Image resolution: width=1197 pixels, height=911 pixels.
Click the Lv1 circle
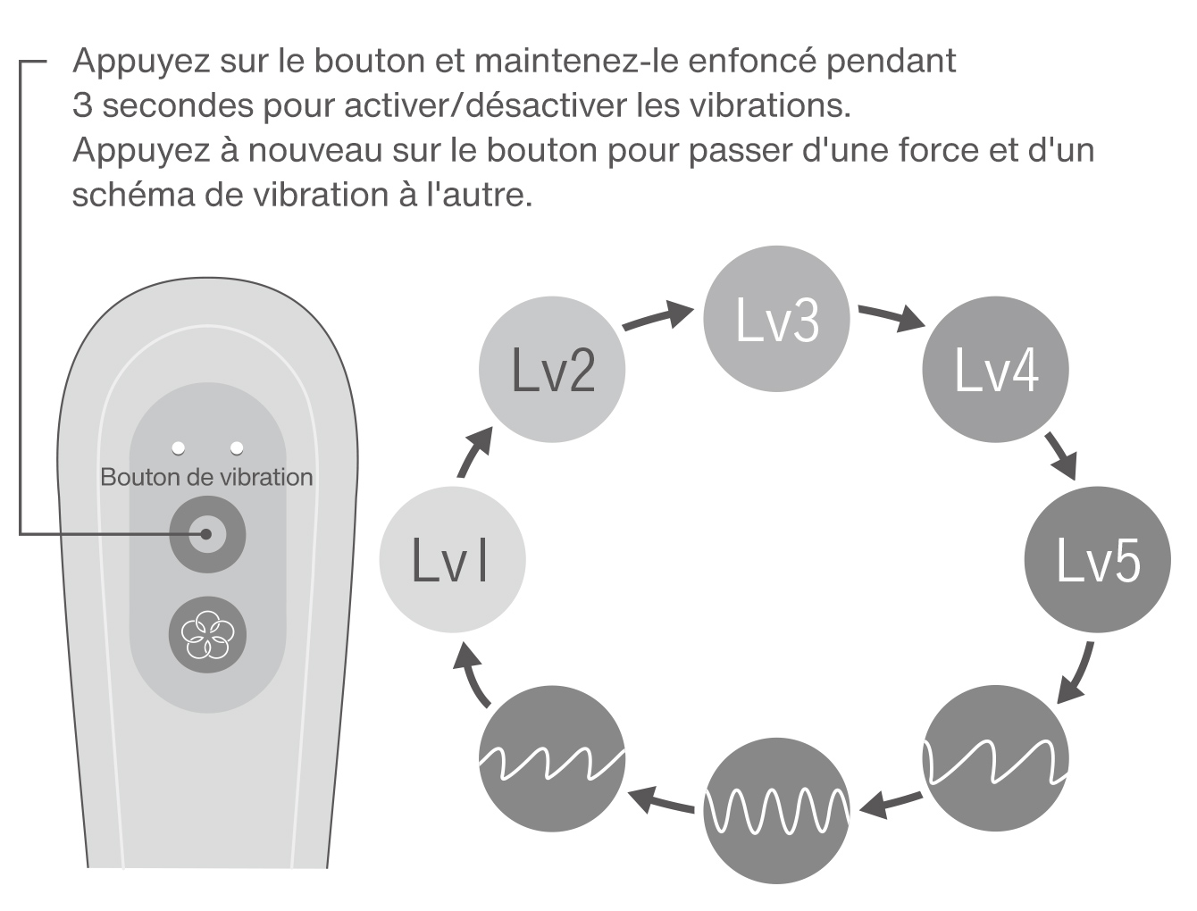click(x=452, y=560)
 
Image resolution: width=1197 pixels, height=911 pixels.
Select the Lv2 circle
click(x=553, y=369)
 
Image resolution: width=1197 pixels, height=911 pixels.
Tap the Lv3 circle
click(x=776, y=318)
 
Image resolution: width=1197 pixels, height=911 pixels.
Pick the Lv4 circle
click(x=995, y=370)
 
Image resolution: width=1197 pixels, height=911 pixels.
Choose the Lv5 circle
click(x=1097, y=560)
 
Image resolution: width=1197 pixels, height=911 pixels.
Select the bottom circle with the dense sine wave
click(x=776, y=809)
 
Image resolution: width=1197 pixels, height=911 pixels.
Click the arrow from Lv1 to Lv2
click(x=474, y=450)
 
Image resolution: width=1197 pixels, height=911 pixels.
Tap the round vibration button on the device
click(x=207, y=534)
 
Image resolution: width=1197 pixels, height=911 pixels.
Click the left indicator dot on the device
click(x=179, y=447)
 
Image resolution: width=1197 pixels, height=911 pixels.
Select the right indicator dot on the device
click(x=237, y=447)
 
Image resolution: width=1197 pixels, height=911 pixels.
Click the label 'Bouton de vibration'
click(x=206, y=477)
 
